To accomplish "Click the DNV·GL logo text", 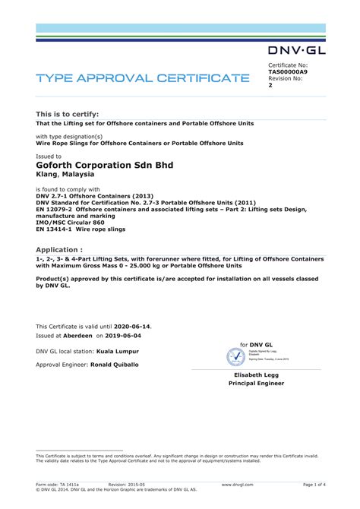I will (297, 51).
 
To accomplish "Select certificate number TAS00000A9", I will (288, 71).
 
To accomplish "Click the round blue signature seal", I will (237, 356).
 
